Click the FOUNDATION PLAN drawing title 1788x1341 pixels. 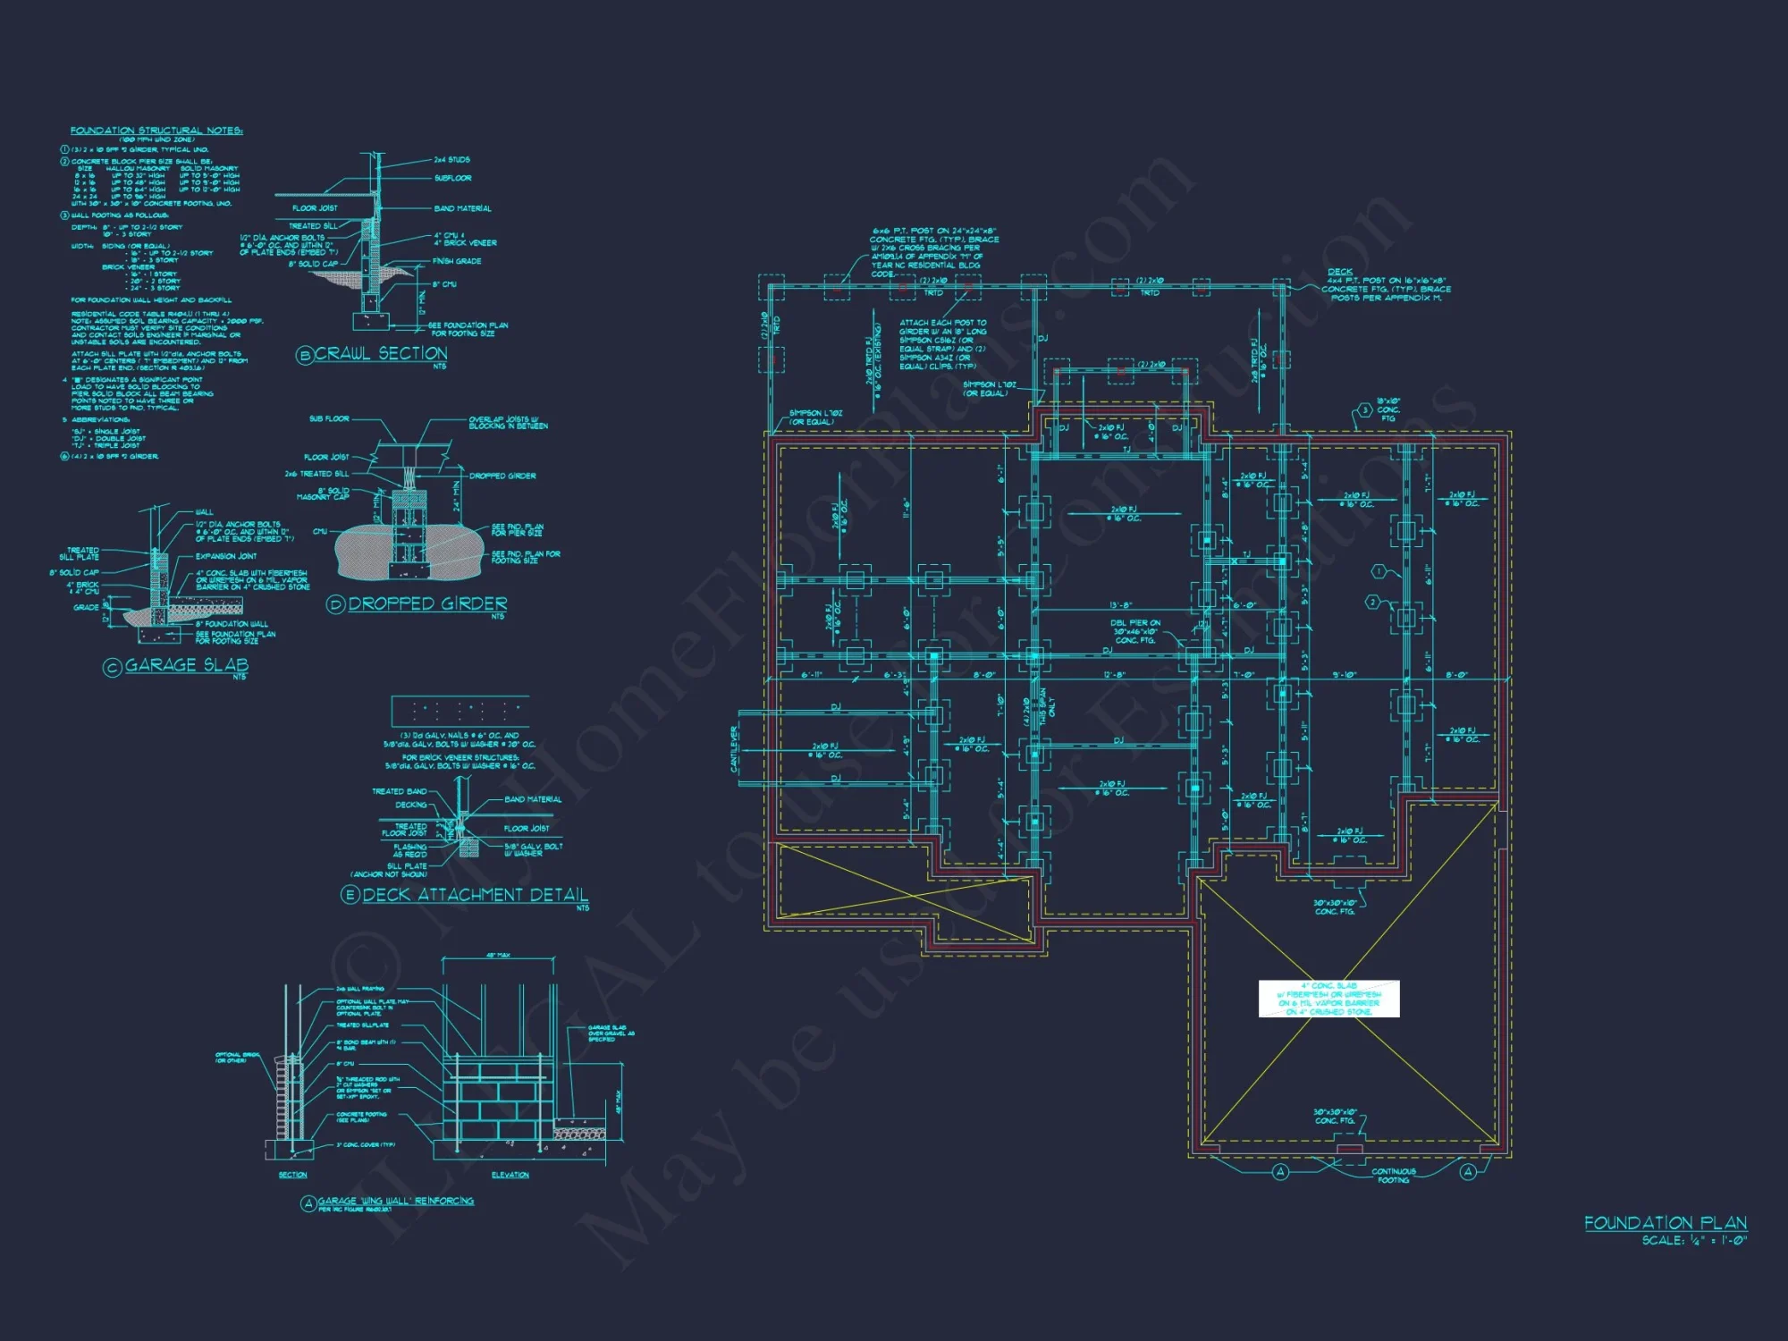tap(1665, 1222)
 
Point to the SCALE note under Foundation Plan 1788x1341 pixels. tap(1693, 1240)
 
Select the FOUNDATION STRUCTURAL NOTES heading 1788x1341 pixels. tap(156, 131)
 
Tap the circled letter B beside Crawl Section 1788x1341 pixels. tap(305, 355)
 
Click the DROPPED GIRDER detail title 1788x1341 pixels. tap(427, 604)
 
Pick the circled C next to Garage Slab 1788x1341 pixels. tap(113, 667)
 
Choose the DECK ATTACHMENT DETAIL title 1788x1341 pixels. tap(475, 895)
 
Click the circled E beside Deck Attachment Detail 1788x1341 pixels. tap(350, 895)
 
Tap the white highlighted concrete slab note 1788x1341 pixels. tap(1328, 999)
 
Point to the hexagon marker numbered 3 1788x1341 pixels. tap(1364, 410)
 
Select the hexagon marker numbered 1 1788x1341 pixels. tap(1379, 570)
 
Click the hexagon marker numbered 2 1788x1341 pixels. tap(1373, 603)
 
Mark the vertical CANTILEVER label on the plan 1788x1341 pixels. tap(734, 749)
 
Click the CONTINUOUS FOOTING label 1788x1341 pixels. tap(1393, 1176)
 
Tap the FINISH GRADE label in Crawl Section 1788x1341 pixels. tap(457, 261)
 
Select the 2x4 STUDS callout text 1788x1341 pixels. tap(451, 160)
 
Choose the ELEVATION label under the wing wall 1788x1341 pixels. tap(510, 1175)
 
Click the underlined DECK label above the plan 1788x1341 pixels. tap(1340, 272)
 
